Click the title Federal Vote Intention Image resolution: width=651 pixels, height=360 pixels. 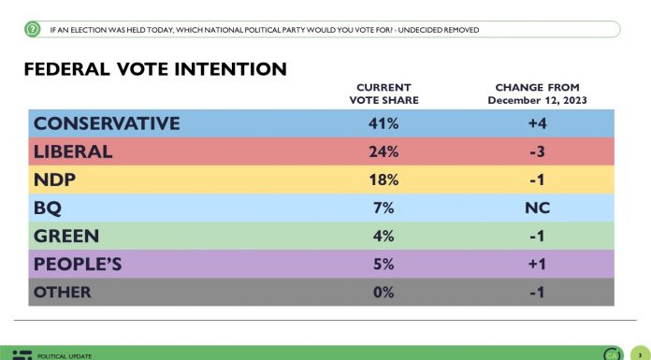coord(154,70)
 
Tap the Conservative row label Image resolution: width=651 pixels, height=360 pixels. coord(106,123)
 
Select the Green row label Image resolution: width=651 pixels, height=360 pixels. coord(65,236)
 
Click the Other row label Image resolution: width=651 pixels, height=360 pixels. coord(63,292)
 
